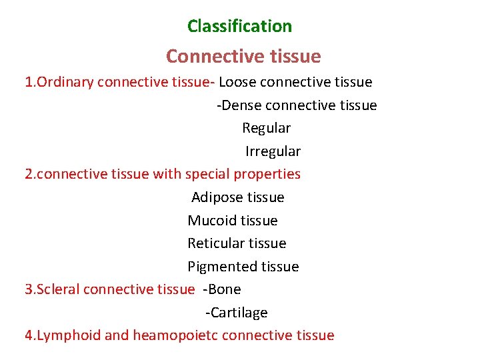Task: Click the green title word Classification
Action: click(x=239, y=27)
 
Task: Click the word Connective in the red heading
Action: click(x=205, y=57)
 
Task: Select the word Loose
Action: click(x=237, y=82)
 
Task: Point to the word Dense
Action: click(x=241, y=105)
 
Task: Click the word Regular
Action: click(x=266, y=128)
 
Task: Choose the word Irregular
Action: click(x=273, y=151)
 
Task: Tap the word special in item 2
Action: click(x=209, y=175)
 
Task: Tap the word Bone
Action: click(x=225, y=289)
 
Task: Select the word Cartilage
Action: click(x=239, y=313)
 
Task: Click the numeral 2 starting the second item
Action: click(x=29, y=175)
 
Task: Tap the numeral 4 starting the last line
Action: click(x=29, y=335)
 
